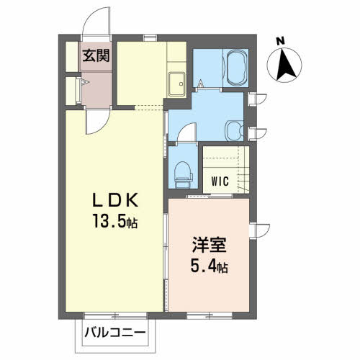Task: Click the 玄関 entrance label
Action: click(95, 55)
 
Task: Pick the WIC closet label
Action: click(220, 181)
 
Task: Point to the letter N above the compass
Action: click(281, 40)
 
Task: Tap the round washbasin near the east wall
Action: click(235, 130)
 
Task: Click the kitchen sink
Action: click(176, 84)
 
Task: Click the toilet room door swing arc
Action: click(186, 134)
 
